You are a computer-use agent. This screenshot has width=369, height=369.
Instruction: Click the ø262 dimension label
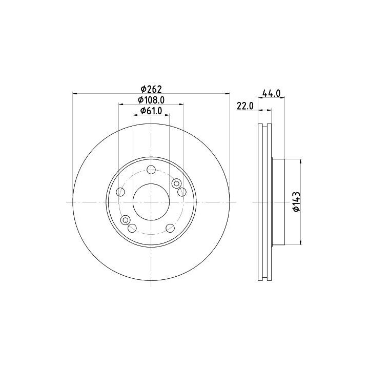(x=151, y=89)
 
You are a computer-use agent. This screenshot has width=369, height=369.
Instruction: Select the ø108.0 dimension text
(x=151, y=100)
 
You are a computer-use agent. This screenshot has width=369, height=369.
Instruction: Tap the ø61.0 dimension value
(x=151, y=111)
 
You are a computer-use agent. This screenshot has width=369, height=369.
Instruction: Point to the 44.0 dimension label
(x=271, y=93)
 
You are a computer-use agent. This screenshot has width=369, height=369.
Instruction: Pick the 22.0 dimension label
(x=245, y=107)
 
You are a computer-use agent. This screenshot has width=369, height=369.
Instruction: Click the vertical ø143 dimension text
(x=297, y=202)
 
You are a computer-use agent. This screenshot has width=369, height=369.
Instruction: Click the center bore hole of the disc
(x=151, y=202)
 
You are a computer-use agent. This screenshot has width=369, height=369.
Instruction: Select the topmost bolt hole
(x=151, y=170)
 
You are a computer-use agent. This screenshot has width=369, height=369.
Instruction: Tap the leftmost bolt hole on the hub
(x=120, y=192)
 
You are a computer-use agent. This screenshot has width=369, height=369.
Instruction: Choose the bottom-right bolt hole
(x=170, y=228)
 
